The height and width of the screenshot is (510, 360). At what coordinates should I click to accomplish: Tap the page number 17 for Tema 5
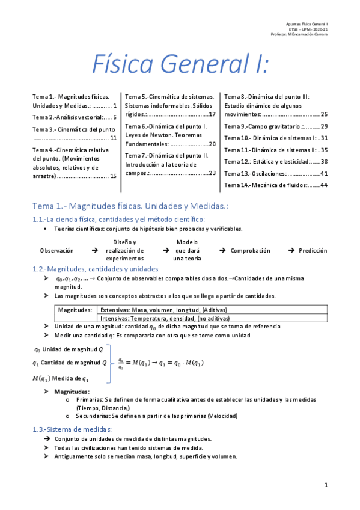click(x=212, y=114)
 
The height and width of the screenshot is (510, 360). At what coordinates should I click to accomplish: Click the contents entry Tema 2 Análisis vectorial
click(x=74, y=117)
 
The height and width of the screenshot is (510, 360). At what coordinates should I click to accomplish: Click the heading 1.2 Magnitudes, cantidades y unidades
click(x=96, y=268)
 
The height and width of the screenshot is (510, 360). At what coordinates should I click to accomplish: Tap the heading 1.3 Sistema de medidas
click(x=72, y=429)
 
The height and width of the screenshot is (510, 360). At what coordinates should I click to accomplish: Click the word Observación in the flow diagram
click(x=57, y=250)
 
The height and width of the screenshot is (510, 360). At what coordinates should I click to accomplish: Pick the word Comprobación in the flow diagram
click(x=251, y=250)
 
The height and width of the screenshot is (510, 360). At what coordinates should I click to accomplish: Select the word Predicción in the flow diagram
click(x=313, y=250)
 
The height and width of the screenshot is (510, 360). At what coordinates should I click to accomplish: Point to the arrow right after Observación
click(x=95, y=250)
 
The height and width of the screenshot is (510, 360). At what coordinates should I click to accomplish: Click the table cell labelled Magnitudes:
click(x=75, y=310)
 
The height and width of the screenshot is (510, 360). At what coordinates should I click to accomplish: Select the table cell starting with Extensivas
click(x=163, y=310)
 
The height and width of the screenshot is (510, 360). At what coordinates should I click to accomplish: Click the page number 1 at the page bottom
click(x=325, y=485)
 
